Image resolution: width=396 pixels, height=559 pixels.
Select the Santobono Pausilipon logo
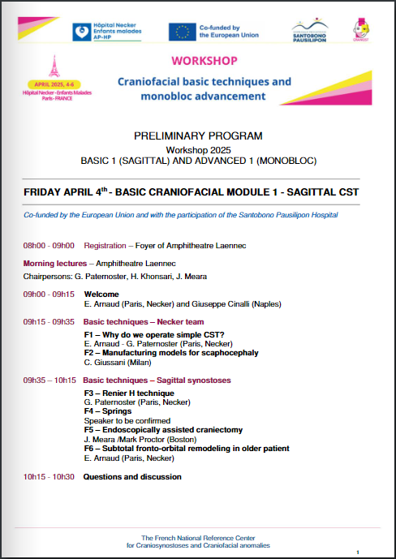(x=309, y=31)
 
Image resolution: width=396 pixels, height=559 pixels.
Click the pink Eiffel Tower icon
(x=55, y=66)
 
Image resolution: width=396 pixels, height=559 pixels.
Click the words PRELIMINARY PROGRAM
(x=198, y=135)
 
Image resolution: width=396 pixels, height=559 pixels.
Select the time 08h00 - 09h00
(x=49, y=244)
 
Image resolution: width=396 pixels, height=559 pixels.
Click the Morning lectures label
(x=57, y=264)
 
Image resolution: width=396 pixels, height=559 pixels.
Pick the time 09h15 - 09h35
(x=49, y=321)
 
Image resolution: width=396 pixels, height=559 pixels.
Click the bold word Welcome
(x=101, y=294)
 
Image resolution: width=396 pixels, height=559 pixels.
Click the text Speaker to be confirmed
(x=127, y=421)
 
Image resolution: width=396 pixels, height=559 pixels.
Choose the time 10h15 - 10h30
(x=49, y=476)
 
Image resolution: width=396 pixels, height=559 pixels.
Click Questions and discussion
(x=132, y=476)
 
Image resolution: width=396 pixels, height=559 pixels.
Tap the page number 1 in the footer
(x=357, y=552)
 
